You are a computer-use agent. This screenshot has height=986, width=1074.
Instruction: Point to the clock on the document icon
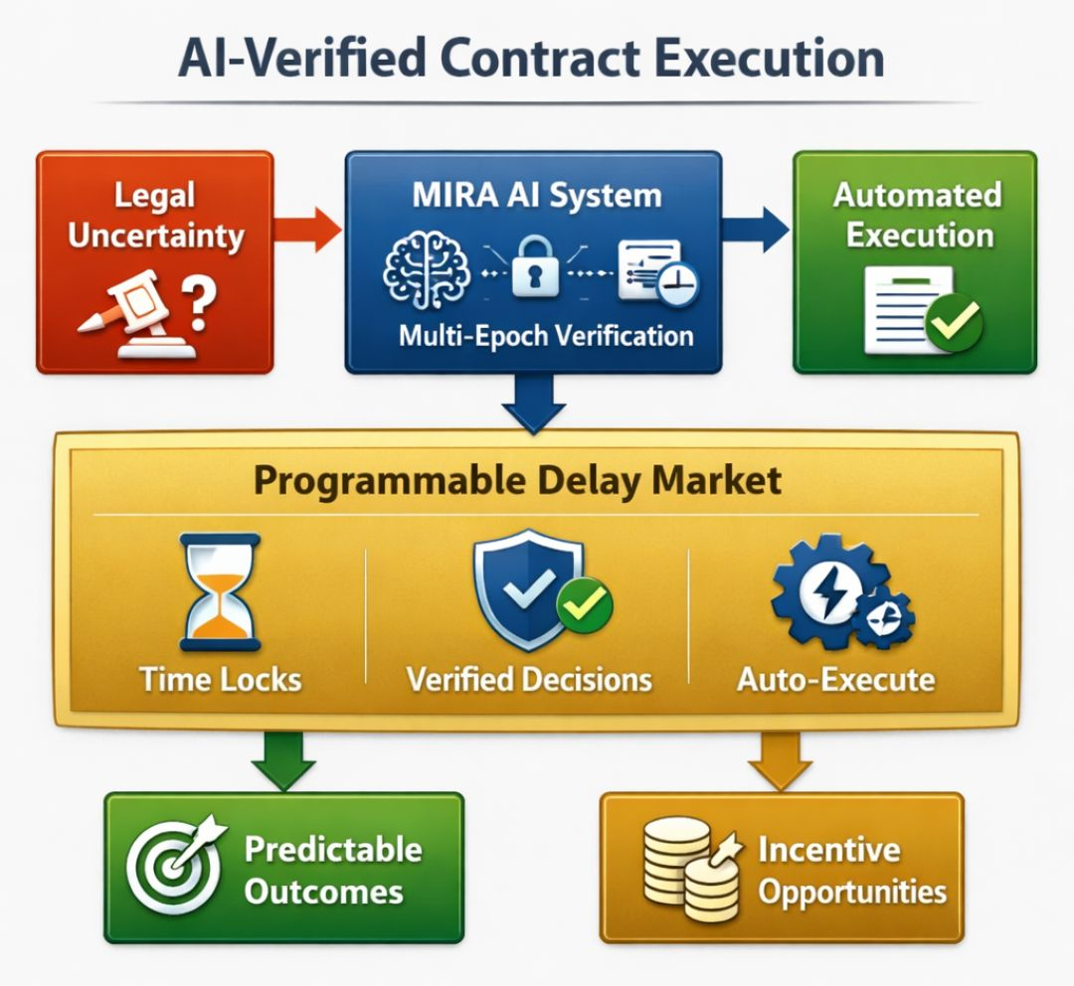click(677, 282)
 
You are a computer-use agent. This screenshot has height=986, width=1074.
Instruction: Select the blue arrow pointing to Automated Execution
click(756, 228)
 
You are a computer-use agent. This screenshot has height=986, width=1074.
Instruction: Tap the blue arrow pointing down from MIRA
click(535, 403)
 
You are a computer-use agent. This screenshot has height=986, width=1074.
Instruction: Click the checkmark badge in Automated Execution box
click(953, 322)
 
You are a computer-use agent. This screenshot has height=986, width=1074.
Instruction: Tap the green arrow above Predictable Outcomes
click(282, 761)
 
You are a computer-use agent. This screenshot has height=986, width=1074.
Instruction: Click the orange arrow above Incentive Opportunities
click(780, 761)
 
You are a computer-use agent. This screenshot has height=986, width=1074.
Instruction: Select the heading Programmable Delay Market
click(517, 480)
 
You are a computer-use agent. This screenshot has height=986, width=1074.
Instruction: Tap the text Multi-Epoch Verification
click(546, 335)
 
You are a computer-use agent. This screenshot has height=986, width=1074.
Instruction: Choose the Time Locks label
click(221, 680)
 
